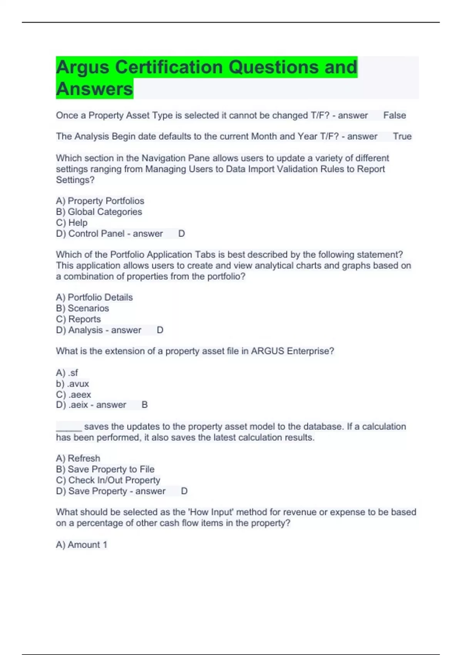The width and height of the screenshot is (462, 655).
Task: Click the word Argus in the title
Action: (x=83, y=67)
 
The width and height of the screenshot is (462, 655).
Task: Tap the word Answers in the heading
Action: (x=94, y=89)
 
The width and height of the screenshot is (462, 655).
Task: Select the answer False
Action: (x=394, y=115)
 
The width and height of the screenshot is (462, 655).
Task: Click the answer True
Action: (x=402, y=136)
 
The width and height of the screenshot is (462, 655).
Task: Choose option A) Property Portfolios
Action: (x=100, y=201)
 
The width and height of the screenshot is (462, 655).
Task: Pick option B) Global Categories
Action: (x=99, y=212)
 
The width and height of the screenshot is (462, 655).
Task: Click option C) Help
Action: (x=72, y=223)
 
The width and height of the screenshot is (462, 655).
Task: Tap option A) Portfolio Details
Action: (x=94, y=297)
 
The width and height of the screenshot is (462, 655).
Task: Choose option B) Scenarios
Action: (x=82, y=308)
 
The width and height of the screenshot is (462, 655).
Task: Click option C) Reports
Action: (x=79, y=319)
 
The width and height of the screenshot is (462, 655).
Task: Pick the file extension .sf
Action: (x=73, y=373)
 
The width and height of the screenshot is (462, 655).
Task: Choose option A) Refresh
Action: (x=78, y=458)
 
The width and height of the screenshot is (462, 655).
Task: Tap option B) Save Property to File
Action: (x=105, y=469)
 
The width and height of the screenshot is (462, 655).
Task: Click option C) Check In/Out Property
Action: (x=108, y=480)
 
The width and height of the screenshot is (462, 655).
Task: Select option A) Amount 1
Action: (x=82, y=544)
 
